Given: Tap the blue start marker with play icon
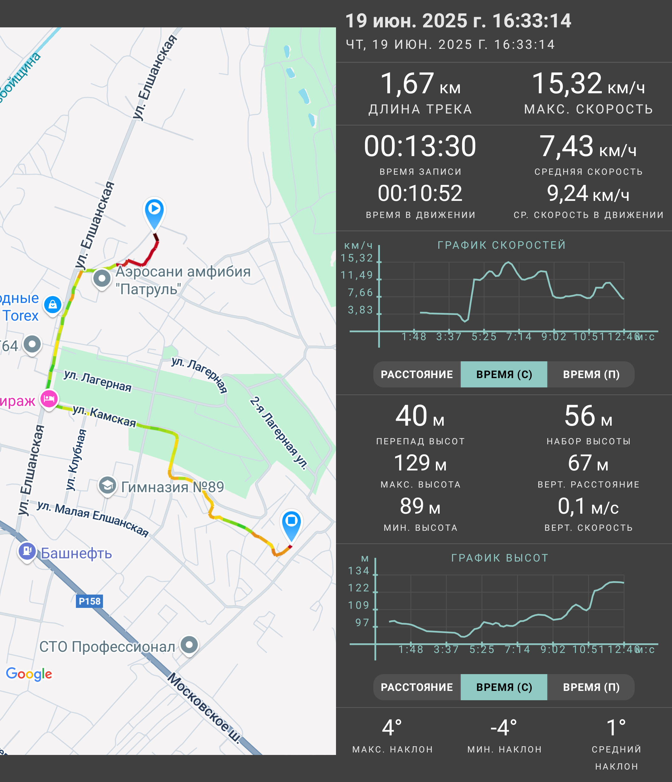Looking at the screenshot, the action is pyautogui.click(x=154, y=213).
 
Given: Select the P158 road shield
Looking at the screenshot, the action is pyautogui.click(x=90, y=601).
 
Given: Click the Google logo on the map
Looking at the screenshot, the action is pyautogui.click(x=29, y=674).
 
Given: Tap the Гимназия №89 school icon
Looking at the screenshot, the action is pyautogui.click(x=108, y=485).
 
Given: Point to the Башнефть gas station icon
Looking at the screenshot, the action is pyautogui.click(x=27, y=552).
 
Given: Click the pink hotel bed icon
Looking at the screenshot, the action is pyautogui.click(x=49, y=399).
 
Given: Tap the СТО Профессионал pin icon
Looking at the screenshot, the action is pyautogui.click(x=189, y=645).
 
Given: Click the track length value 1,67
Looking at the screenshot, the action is pyautogui.click(x=407, y=83).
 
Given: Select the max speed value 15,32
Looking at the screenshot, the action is pyautogui.click(x=567, y=83).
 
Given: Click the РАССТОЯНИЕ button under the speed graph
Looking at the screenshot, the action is pyautogui.click(x=417, y=374).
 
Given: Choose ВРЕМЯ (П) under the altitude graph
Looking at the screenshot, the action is pyautogui.click(x=591, y=687).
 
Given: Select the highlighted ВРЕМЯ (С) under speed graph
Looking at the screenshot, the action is pyautogui.click(x=504, y=374).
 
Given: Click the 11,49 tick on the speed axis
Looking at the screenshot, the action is pyautogui.click(x=357, y=275).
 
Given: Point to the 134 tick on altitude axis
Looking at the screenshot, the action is pyautogui.click(x=359, y=571).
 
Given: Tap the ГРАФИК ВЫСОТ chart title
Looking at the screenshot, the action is pyautogui.click(x=500, y=558).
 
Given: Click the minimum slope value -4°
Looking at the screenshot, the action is pyautogui.click(x=504, y=728).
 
